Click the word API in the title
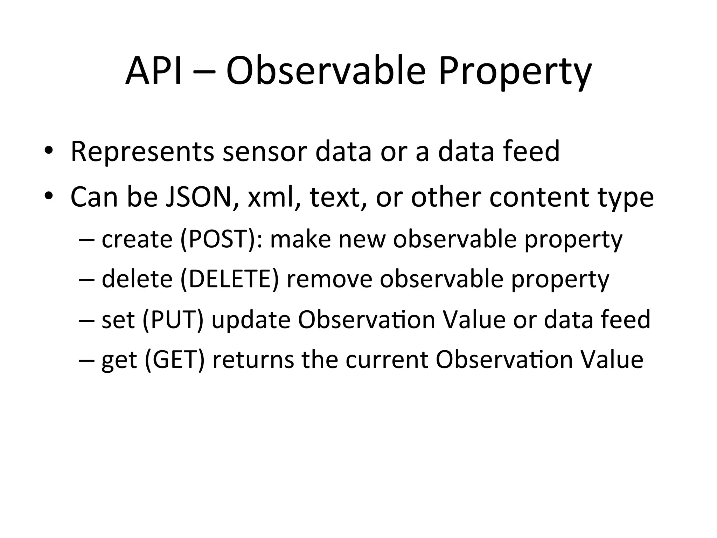point(154,71)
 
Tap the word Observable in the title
point(326,71)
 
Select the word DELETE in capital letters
point(230,279)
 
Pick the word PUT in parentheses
point(173,319)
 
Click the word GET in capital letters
point(174,360)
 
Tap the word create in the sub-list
point(137,239)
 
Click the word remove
point(329,279)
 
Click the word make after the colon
point(300,239)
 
